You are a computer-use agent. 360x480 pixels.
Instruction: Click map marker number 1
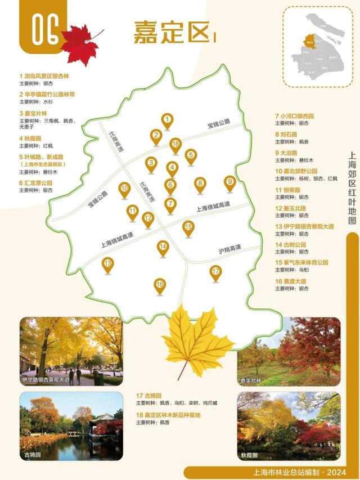(x=166, y=120)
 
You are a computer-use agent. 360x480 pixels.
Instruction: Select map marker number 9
(x=229, y=182)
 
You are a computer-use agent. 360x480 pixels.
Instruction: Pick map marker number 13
(x=107, y=263)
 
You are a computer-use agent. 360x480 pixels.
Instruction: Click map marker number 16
(x=160, y=285)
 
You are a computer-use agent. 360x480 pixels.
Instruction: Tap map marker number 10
(x=125, y=189)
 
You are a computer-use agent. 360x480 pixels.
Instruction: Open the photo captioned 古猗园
(x=71, y=426)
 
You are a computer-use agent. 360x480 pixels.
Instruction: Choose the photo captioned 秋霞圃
(x=288, y=426)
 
